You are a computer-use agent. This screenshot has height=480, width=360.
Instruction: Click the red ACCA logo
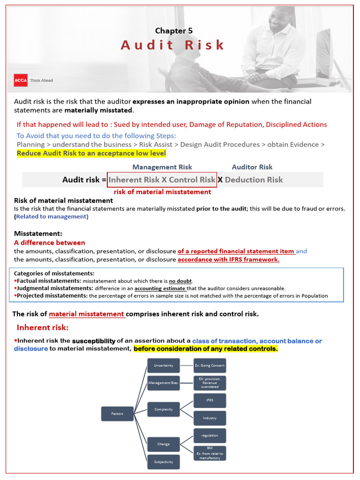pos(21,80)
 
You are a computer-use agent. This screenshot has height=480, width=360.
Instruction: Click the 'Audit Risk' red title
pos(173,45)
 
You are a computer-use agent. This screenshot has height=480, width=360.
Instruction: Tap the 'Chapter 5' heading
pos(174,30)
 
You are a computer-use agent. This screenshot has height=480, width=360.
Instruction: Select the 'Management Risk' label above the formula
pos(162,167)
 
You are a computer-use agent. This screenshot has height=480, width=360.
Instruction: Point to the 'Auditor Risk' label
pos(252,167)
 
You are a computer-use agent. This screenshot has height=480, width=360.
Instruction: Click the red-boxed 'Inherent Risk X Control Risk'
pos(162,180)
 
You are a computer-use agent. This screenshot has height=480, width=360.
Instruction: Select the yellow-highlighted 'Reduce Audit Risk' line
pos(91,153)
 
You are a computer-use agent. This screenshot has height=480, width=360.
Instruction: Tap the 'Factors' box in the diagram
pos(117,414)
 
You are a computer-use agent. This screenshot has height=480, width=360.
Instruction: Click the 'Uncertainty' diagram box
pos(164,365)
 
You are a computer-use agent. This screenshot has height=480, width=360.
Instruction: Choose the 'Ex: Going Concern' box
pos(210,365)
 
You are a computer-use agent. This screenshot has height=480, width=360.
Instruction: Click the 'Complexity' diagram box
pos(164,409)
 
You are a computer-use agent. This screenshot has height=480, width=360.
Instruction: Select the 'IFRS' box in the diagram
pos(210,400)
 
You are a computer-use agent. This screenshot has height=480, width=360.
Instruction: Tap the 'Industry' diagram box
pos(210,418)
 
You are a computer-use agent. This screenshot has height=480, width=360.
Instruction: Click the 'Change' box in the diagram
pos(164,444)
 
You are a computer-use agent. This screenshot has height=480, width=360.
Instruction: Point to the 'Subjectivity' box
pos(164,462)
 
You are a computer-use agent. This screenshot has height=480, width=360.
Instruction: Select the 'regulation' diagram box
pos(210,435)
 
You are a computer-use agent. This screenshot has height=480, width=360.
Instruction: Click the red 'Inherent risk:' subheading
pos(43,327)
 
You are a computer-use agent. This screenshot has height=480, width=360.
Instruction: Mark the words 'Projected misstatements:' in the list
pos(52,296)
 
